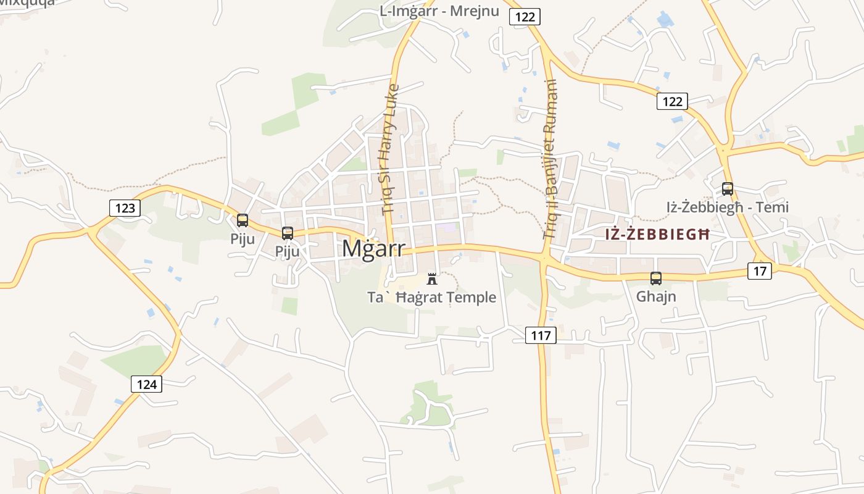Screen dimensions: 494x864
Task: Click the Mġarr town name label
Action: point(373,248)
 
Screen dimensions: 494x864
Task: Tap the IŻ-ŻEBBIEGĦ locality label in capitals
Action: point(657,235)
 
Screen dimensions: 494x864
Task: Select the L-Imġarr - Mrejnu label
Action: point(439,11)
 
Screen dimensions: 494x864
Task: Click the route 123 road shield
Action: point(125,208)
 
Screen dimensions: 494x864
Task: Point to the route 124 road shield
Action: point(146,385)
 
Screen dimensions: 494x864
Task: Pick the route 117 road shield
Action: point(541,336)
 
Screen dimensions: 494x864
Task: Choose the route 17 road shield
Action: point(760,270)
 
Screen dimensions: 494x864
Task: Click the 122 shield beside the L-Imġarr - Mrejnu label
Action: point(525,17)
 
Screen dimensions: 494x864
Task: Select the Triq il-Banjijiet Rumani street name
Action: point(550,159)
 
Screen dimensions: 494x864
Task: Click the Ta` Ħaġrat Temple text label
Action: point(432,298)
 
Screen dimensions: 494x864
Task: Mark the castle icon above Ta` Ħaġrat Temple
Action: point(432,278)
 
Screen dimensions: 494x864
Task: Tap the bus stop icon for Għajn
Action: point(656,278)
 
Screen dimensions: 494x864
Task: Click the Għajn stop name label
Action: point(656,296)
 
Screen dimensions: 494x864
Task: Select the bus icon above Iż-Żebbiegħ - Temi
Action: point(728,189)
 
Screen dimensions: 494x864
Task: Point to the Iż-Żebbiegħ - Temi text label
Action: point(728,207)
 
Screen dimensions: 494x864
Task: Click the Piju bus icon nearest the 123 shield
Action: point(243,220)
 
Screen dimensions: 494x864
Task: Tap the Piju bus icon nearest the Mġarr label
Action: point(288,233)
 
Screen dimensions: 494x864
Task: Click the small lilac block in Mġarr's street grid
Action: point(447,227)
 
